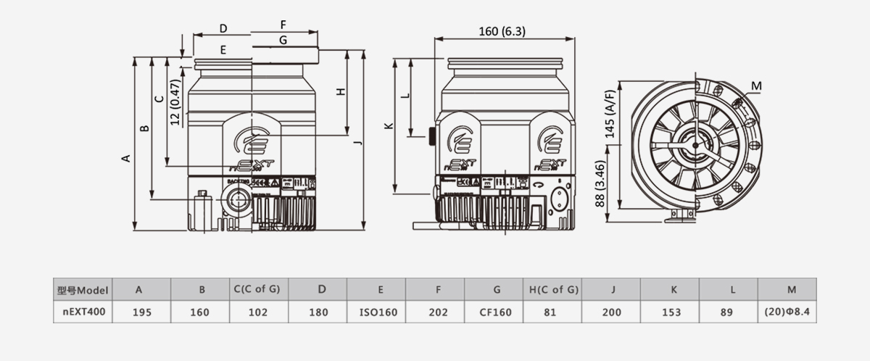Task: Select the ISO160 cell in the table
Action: click(378, 312)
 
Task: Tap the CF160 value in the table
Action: click(497, 312)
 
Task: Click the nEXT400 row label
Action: click(83, 312)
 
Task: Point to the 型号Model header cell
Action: click(83, 290)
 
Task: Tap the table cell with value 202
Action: click(437, 312)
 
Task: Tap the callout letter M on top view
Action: click(756, 86)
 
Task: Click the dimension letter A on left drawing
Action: click(125, 157)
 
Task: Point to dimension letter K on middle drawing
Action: click(389, 126)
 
